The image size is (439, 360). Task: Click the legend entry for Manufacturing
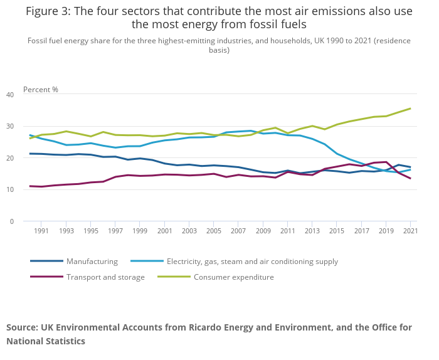tap(92, 262)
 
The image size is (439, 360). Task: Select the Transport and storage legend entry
tap(105, 277)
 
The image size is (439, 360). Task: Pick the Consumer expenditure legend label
tap(233, 277)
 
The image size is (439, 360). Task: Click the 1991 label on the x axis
tap(41, 231)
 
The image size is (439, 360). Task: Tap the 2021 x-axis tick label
tap(410, 231)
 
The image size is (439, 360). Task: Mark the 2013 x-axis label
tap(311, 231)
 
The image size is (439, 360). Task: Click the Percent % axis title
tap(41, 90)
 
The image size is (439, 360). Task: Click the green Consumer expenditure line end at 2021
tap(410, 109)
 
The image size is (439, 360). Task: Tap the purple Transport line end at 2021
tap(410, 179)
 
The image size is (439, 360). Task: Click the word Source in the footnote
tap(22, 327)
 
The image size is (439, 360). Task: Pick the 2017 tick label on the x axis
tap(361, 231)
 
